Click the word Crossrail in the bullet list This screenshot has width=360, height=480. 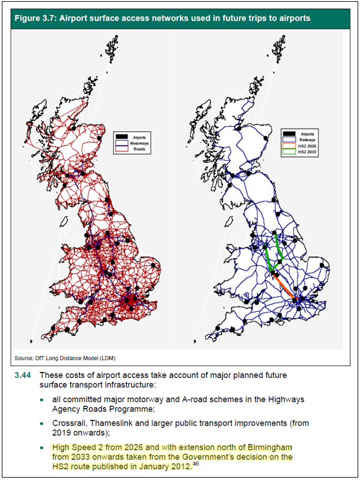click(x=70, y=423)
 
